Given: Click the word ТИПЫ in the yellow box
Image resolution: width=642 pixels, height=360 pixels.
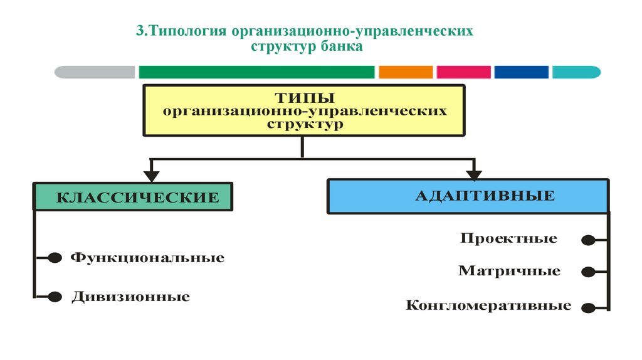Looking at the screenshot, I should click(304, 98).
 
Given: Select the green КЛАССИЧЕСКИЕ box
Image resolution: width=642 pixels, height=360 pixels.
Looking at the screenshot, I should click(133, 198).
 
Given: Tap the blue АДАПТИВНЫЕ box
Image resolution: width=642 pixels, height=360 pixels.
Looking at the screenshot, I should click(467, 196).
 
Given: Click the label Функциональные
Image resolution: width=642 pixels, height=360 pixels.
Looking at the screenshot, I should click(147, 258).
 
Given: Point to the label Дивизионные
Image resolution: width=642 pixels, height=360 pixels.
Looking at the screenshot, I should click(130, 296).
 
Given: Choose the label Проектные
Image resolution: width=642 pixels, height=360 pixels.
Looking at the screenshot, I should click(508, 238).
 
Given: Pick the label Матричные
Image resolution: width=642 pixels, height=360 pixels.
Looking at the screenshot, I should click(509, 272).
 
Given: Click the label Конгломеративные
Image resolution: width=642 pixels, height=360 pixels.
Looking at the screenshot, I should click(488, 306).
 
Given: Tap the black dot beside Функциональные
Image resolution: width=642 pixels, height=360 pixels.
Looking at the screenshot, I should click(55, 258).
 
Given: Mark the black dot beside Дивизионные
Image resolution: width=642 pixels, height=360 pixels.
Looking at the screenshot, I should click(55, 296).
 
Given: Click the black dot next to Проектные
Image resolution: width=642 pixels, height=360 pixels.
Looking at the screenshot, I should click(588, 240).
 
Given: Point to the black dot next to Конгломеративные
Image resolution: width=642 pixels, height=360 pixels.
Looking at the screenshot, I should click(588, 307).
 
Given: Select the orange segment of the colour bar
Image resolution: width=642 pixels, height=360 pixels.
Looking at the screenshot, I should click(406, 72).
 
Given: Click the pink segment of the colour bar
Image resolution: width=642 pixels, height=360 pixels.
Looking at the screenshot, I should click(463, 72).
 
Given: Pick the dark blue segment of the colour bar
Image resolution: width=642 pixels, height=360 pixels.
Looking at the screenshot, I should click(521, 72).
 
